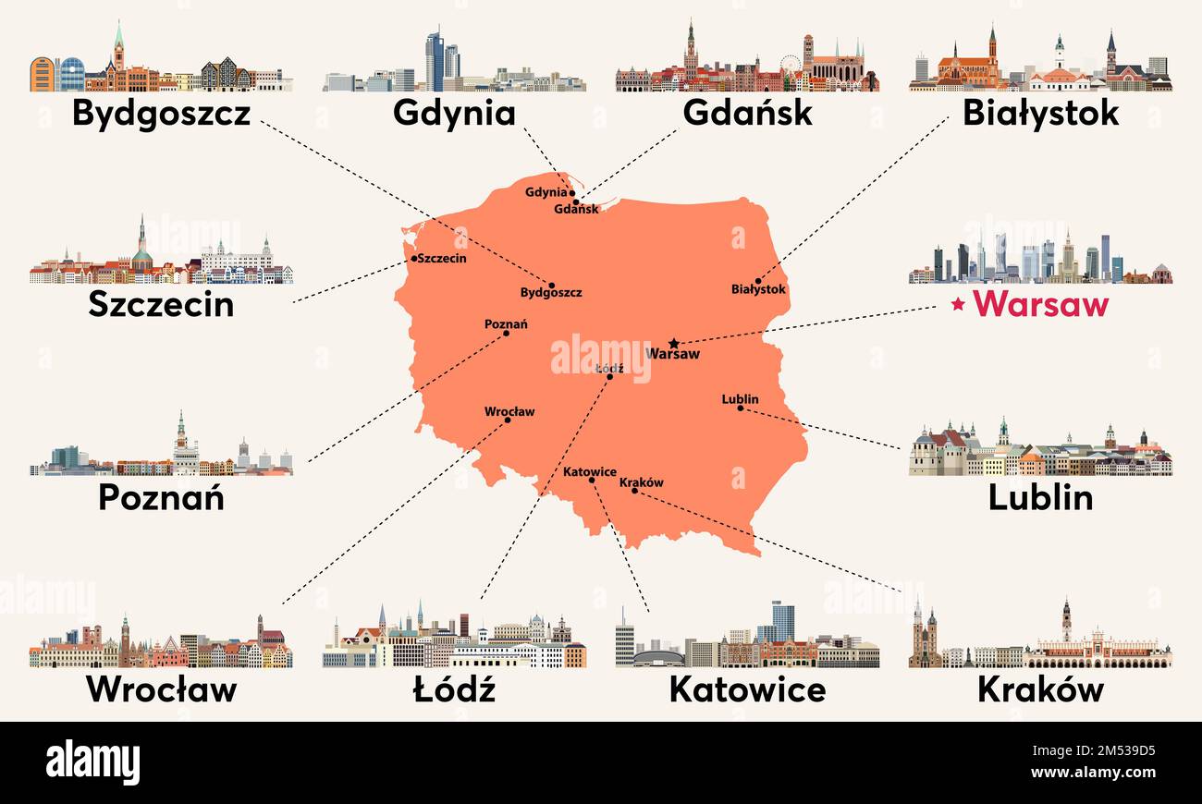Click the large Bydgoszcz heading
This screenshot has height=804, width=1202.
pos(161,114)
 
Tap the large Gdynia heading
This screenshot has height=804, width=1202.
pos(454,114)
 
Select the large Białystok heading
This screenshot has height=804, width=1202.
pos(1040,114)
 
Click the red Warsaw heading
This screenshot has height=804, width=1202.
pos(1040,304)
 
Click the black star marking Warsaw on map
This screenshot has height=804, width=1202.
pos(674,343)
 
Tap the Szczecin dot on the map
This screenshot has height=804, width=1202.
pos(413,259)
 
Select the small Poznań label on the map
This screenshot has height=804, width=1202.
pos(506,323)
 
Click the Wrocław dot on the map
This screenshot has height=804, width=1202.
pos(508,420)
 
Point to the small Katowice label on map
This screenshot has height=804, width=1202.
pos(589,471)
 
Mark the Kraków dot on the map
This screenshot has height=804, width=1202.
pos(634,490)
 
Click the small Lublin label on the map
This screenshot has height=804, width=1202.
pos(740,399)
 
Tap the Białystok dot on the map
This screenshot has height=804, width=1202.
pos(758,281)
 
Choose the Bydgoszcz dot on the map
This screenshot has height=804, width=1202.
pos(552,286)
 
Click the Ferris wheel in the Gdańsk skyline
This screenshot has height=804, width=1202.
pos(791,66)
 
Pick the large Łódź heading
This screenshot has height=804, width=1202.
pos(454,689)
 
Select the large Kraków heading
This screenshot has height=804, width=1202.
pos(1040,689)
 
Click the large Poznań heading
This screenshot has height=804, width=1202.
pos(161,498)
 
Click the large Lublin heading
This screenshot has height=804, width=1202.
pos(1040,498)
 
